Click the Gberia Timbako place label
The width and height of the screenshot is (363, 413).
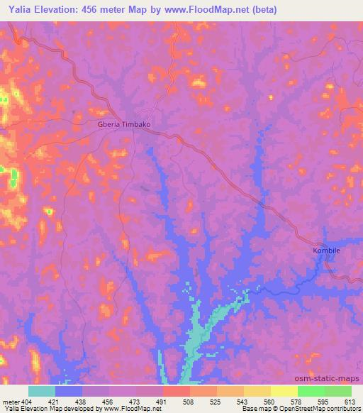coord(123,123)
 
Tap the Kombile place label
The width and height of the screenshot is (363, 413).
coord(328,250)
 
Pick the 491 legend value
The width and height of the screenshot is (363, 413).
coord(163,402)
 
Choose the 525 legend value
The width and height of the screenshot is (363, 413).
coord(217,402)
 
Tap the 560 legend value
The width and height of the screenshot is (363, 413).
coord(271,402)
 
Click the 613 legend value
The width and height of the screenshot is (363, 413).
coord(351,402)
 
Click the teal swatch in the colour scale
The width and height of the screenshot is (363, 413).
coord(42,391)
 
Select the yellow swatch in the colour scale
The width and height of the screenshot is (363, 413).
coord(284,391)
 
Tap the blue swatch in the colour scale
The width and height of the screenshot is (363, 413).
coord(69,391)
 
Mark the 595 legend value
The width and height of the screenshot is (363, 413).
coord(325,402)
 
